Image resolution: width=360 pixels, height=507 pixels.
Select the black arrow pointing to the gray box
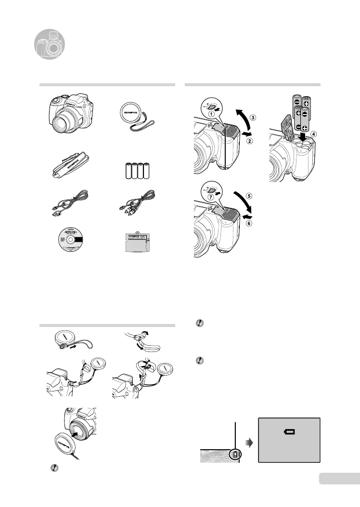247,441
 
